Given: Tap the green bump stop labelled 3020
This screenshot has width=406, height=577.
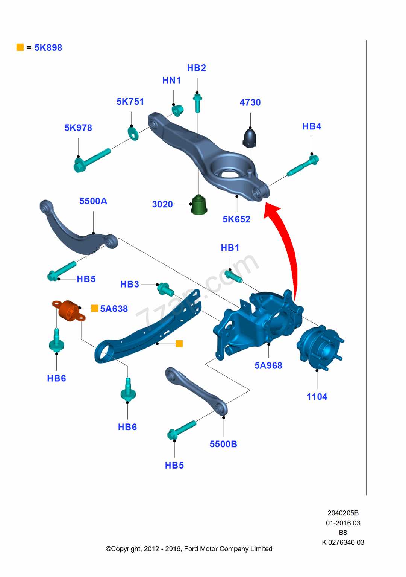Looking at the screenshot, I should [x=199, y=205].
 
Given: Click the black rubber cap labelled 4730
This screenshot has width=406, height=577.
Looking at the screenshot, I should [x=250, y=138].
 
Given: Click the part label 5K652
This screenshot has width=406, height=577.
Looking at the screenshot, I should [x=236, y=219].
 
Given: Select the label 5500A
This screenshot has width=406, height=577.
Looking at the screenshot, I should [x=93, y=201].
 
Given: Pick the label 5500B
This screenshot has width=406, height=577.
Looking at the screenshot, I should [x=223, y=444].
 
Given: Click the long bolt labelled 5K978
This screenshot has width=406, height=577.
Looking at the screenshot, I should [x=92, y=160].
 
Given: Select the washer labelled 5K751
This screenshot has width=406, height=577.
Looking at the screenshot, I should [x=133, y=133].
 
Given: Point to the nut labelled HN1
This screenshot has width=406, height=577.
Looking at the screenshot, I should [x=178, y=110].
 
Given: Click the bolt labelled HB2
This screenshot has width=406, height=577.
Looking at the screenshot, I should [x=197, y=102].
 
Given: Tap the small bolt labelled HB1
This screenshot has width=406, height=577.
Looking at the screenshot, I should [x=233, y=276].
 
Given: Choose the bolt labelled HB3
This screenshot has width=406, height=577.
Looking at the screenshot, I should [x=165, y=289].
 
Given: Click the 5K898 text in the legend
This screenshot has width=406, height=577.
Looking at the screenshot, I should [x=48, y=48].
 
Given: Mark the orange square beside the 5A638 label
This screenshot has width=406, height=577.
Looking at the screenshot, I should [x=95, y=308].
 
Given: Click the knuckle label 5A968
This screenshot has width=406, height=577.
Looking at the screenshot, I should [x=268, y=365].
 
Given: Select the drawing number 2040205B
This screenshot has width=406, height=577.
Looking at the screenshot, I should [x=343, y=513].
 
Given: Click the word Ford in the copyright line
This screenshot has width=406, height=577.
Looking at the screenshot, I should [x=191, y=549].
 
